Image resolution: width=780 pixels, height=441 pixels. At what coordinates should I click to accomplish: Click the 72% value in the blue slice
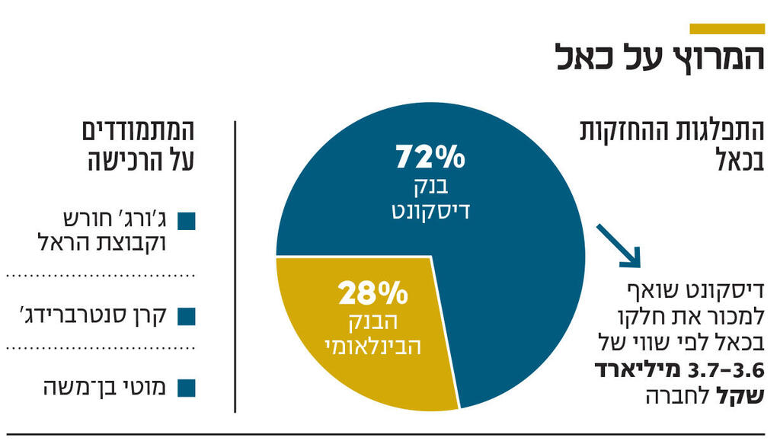pos(430,157)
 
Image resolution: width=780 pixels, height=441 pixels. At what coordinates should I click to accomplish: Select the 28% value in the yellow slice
pos(374,292)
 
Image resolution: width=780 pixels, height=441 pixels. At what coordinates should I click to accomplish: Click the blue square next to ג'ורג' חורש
pos(187,222)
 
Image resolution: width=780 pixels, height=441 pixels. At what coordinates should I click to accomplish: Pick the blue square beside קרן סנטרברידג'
pos(187,315)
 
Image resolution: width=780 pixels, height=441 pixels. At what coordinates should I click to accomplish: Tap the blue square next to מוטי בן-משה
pos(187,388)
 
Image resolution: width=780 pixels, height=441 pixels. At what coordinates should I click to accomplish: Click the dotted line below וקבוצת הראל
pos(101,275)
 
